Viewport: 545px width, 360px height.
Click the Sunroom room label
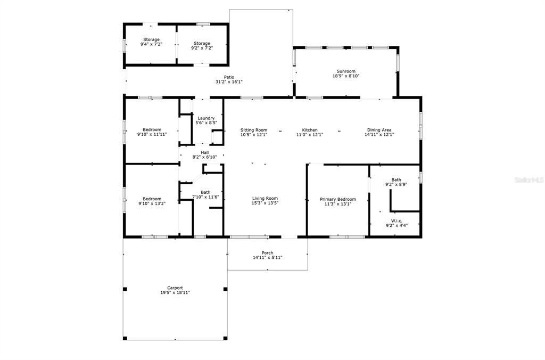click(346, 71)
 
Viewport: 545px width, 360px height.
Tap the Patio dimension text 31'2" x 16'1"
click(229, 81)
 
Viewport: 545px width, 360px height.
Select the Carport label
click(175, 288)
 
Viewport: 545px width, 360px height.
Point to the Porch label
click(267, 253)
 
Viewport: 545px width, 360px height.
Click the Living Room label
click(265, 199)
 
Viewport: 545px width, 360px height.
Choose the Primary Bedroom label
click(338, 199)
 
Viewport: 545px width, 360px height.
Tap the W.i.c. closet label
click(397, 221)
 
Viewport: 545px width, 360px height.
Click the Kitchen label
click(309, 130)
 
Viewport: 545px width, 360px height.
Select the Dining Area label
click(379, 130)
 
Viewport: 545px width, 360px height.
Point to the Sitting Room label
click(254, 130)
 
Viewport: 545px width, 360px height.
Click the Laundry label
click(206, 118)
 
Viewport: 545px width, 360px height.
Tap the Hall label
click(205, 152)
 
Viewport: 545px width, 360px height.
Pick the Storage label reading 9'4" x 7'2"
click(151, 42)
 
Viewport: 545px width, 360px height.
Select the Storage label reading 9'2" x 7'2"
click(202, 46)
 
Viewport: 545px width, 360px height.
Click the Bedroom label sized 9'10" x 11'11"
click(152, 132)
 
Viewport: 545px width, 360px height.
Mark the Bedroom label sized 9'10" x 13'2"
click(152, 201)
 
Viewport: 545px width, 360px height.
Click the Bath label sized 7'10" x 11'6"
click(205, 194)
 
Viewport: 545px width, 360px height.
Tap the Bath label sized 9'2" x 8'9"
click(396, 182)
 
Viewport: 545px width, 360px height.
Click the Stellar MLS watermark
click(530, 180)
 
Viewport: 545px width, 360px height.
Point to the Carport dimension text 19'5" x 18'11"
click(175, 293)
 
